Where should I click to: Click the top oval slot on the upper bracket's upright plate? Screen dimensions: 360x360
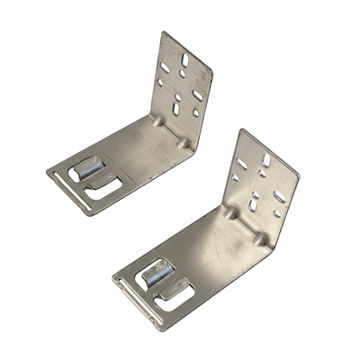click(x=184, y=59)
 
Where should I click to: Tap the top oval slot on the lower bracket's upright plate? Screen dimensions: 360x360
click(x=265, y=159)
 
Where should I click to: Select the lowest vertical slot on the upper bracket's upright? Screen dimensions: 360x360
click(x=176, y=108)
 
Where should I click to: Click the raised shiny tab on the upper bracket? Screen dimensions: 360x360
click(x=89, y=167)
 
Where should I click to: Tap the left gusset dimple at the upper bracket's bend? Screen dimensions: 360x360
click(x=157, y=120)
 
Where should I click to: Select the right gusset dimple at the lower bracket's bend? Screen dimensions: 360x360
click(x=259, y=239)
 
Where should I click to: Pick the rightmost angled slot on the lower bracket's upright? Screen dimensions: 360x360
click(x=280, y=195)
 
